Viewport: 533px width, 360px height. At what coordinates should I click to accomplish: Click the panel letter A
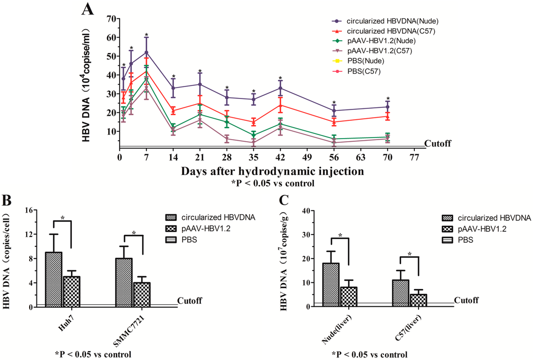pos(87,9)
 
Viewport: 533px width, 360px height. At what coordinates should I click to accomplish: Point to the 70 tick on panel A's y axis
pos(110,19)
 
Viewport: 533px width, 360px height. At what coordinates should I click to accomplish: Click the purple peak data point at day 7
pos(147,52)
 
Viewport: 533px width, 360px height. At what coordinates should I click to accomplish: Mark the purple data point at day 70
pos(388,107)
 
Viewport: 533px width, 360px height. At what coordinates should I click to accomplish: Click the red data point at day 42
pos(281,105)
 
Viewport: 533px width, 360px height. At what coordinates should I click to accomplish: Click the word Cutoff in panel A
pos(439,144)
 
